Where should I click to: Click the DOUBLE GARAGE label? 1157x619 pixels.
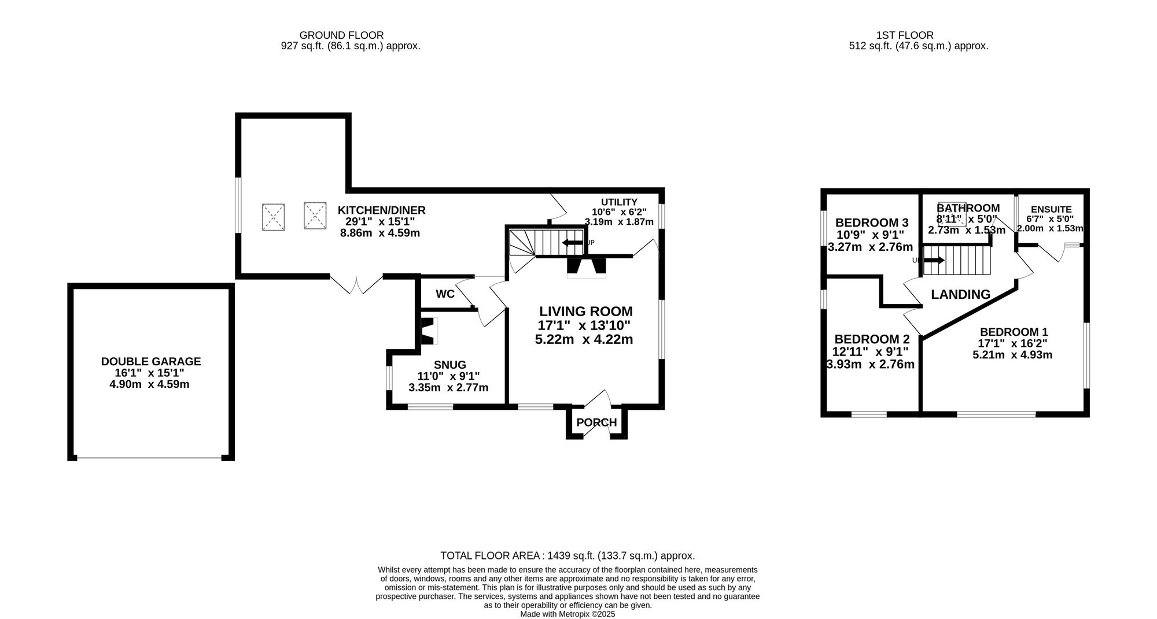tap(151, 362)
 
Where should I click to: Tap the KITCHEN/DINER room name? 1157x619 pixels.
tap(382, 210)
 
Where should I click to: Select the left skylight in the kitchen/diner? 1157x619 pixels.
tap(273, 217)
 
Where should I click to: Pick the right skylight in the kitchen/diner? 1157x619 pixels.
tap(315, 215)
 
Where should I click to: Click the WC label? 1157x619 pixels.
tap(445, 294)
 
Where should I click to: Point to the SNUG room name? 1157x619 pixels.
tap(450, 365)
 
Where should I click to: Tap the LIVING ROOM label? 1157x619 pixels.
tap(586, 312)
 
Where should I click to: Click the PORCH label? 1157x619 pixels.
tap(596, 422)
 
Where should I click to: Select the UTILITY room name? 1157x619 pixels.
tap(619, 202)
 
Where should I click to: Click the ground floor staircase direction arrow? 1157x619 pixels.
tap(573, 242)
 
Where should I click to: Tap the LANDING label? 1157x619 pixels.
tap(960, 295)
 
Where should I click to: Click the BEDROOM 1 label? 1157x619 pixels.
tap(1014, 332)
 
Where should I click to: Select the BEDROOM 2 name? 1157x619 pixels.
tap(872, 339)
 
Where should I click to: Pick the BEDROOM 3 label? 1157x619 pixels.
tap(872, 223)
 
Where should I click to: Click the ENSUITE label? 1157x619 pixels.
tap(1051, 210)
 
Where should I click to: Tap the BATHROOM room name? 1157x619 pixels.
tap(968, 208)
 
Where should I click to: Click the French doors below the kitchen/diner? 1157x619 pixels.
tap(356, 284)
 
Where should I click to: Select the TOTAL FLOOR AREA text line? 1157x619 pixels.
tap(568, 556)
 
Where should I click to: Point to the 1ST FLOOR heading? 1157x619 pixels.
tap(905, 35)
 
